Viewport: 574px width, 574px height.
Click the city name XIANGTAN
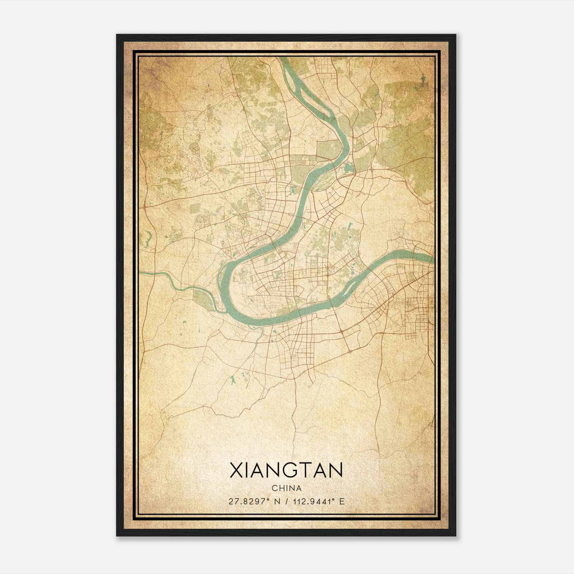click(286, 471)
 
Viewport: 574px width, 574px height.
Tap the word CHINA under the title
click(286, 488)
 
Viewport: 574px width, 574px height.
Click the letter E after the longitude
click(342, 502)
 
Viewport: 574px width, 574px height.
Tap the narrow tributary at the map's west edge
click(169, 280)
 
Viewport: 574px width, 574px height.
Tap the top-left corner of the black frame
click(117, 35)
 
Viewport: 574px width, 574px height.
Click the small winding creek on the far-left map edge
click(147, 239)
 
